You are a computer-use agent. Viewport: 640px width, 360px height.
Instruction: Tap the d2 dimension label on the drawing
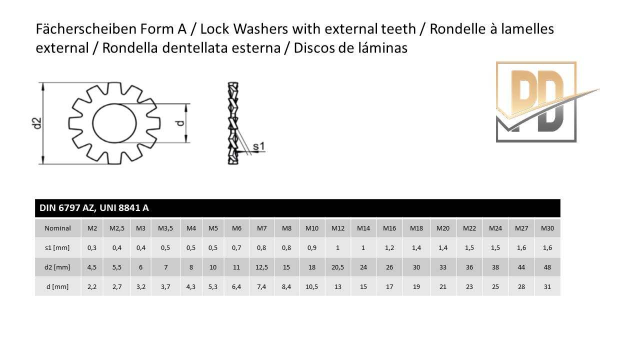coord(37,123)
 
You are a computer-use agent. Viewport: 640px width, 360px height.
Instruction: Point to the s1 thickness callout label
coord(259,146)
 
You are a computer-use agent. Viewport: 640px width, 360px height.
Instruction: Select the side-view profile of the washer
coord(233,123)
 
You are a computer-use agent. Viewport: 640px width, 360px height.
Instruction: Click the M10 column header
coord(311,228)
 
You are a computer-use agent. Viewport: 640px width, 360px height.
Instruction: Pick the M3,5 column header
coord(165,228)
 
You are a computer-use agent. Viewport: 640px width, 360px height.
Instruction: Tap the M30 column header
coord(547,228)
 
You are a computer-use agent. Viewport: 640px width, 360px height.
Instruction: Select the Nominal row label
coord(57,228)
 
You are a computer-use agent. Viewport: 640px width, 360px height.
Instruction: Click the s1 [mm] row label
coord(57,247)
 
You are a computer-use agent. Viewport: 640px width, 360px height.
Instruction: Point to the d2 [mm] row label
coord(57,267)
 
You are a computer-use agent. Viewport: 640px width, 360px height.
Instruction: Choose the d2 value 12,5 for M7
coord(261,267)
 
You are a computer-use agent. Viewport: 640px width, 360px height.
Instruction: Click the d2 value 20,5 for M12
coord(337,267)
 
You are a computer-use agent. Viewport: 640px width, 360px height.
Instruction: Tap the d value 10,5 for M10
coord(311,287)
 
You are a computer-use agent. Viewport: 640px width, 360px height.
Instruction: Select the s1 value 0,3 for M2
coord(91,248)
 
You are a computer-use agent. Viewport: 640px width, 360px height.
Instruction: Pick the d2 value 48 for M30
coord(547,267)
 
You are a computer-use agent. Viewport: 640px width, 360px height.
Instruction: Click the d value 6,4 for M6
coord(236,287)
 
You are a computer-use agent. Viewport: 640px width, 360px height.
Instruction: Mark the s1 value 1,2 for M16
coord(389,248)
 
